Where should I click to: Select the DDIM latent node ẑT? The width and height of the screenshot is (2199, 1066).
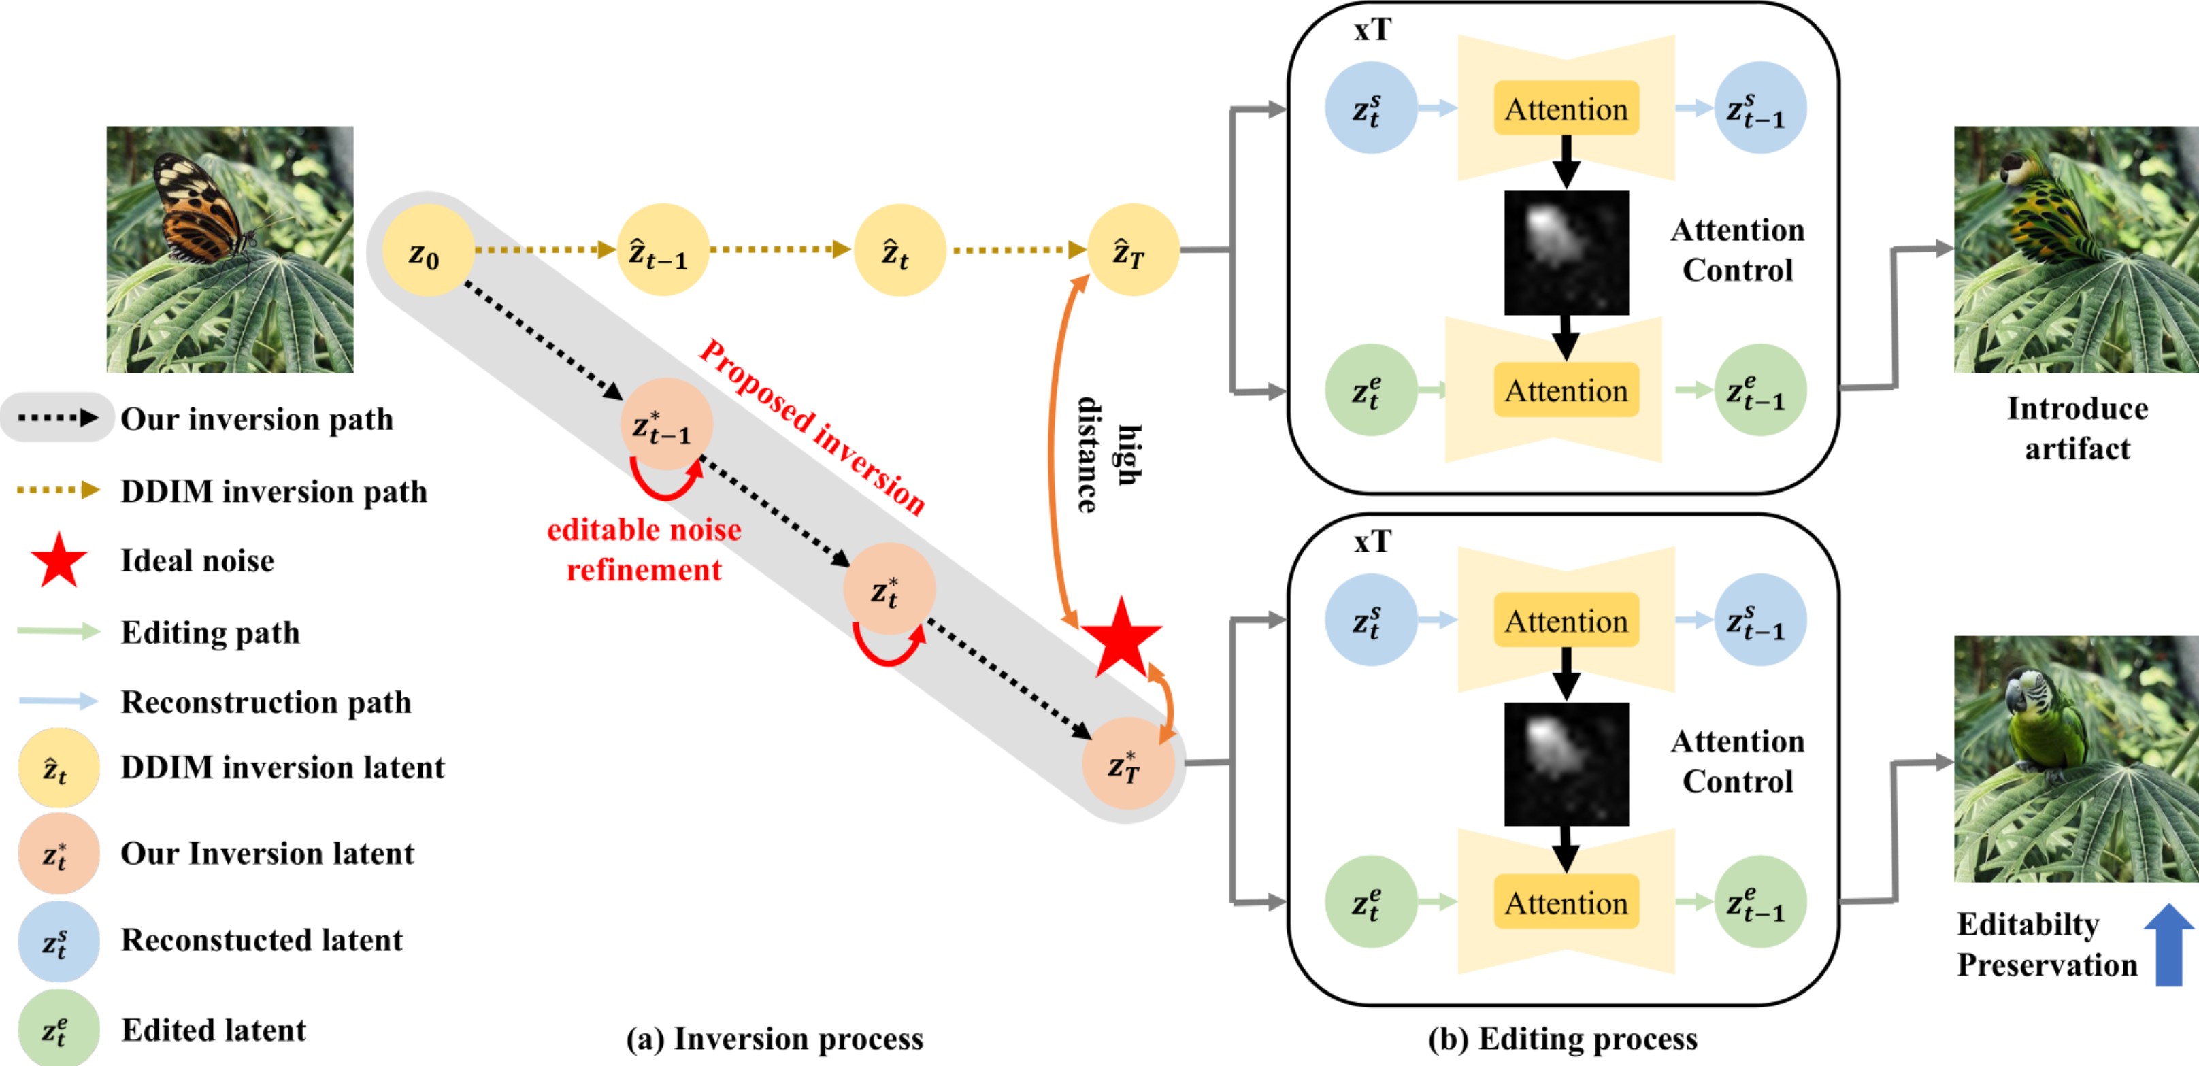pyautogui.click(x=1132, y=250)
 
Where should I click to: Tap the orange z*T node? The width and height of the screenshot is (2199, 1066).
pyautogui.click(x=1127, y=764)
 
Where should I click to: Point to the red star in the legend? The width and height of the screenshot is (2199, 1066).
pyautogui.click(x=58, y=561)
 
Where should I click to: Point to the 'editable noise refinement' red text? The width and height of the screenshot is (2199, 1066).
pyautogui.click(x=644, y=550)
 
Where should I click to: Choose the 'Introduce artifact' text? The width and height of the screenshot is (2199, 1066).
pyautogui.click(x=2077, y=429)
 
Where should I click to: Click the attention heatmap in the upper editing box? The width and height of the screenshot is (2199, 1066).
pyautogui.click(x=1566, y=252)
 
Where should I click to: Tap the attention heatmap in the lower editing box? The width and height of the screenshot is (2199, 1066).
pyautogui.click(x=1566, y=764)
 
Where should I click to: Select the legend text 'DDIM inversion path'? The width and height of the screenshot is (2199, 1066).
pyautogui.click(x=273, y=492)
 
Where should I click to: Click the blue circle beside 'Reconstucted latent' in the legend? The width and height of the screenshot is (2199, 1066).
pyautogui.click(x=58, y=941)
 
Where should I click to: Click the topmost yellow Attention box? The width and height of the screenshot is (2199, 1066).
pyautogui.click(x=1566, y=108)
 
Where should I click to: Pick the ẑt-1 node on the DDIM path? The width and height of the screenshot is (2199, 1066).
pyautogui.click(x=663, y=250)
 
